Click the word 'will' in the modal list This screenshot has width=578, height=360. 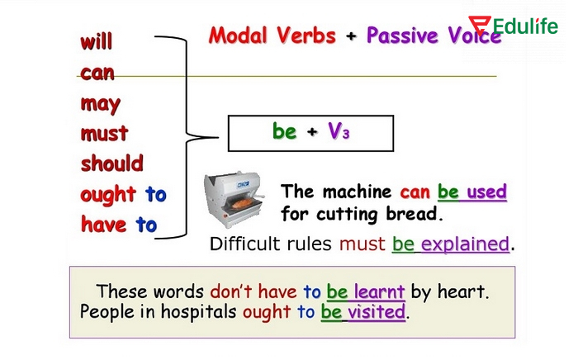coord(96,42)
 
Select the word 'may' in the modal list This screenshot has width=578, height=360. coord(100,105)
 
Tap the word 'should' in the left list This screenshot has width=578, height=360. coord(111,163)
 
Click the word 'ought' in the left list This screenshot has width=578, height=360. coord(108,195)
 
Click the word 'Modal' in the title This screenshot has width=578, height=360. coord(239,36)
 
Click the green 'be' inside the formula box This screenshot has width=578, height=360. coord(284,131)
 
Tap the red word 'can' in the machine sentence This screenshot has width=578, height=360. coord(416,192)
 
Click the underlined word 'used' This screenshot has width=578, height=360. coord(486,192)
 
